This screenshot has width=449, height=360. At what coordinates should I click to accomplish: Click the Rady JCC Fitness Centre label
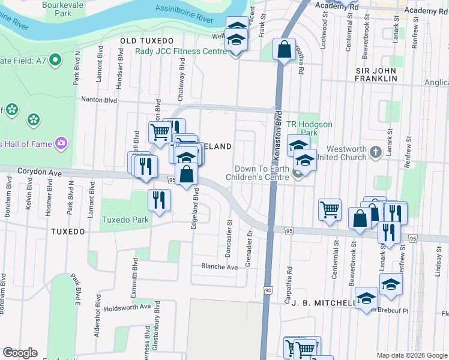pos(180,51)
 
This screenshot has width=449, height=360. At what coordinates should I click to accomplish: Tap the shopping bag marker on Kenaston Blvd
pos(285,50)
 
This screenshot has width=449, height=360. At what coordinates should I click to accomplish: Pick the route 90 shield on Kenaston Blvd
pos(268,290)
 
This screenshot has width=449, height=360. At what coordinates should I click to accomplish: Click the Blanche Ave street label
pos(220,266)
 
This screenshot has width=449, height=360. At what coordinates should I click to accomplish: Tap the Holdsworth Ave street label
pos(127,307)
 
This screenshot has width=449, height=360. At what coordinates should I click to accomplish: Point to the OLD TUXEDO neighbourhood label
pos(142,40)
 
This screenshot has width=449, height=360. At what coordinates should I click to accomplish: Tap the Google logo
pos(20,352)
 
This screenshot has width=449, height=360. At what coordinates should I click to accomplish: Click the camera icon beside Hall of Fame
pos(61,143)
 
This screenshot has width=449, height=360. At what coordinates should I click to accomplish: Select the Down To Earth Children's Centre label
pos(259,173)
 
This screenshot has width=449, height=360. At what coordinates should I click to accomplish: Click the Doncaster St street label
pos(229,237)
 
